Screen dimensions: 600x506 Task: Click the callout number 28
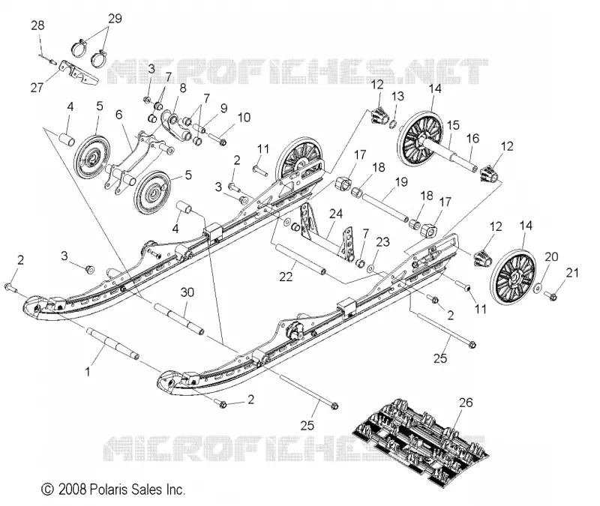(37, 25)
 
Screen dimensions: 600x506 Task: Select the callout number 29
(115, 18)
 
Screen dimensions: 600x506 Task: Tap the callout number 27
(37, 88)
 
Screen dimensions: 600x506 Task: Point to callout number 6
(119, 114)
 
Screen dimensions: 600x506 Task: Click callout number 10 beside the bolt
(244, 117)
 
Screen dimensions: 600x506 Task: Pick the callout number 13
(397, 96)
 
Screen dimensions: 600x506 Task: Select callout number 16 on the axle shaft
(472, 138)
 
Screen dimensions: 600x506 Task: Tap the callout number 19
(401, 181)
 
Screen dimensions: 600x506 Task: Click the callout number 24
(335, 214)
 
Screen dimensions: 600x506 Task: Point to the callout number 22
(286, 276)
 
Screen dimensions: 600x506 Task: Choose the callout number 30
(187, 292)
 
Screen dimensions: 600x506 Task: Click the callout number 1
(88, 371)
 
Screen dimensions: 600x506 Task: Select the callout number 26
(466, 403)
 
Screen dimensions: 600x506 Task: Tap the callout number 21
(572, 273)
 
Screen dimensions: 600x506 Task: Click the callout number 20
(551, 256)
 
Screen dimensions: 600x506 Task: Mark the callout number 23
(382, 241)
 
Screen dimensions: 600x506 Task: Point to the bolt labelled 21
(551, 295)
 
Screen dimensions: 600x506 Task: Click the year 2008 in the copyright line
(72, 490)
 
